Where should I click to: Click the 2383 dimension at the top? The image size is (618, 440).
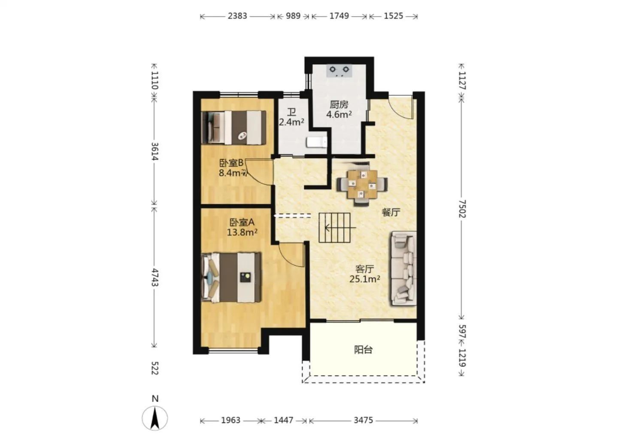coord(237,16)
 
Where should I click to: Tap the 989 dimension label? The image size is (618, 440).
coord(293,16)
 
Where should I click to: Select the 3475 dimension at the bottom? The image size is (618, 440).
coord(364,420)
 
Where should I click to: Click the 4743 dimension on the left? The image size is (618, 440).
coord(155,277)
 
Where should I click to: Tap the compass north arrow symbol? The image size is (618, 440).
coord(155,418)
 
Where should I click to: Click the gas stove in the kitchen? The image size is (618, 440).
coord(339,71)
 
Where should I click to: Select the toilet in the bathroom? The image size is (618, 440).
coord(316,142)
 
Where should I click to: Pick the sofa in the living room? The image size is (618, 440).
coord(403,269)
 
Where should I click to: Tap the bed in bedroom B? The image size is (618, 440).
coord(234,127)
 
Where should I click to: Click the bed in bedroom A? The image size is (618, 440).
coord(231,277)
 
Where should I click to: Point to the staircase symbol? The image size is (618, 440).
coord(335,228)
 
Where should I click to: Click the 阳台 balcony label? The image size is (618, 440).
coord(364,350)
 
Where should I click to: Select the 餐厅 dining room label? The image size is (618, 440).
coord(391,212)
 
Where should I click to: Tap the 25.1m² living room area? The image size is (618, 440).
coord(364,279)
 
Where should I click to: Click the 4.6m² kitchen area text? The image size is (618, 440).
coord(339,114)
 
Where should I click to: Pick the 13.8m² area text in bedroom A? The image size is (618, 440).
coord(242,232)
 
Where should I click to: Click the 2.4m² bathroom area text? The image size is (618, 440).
coord(291,122)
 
